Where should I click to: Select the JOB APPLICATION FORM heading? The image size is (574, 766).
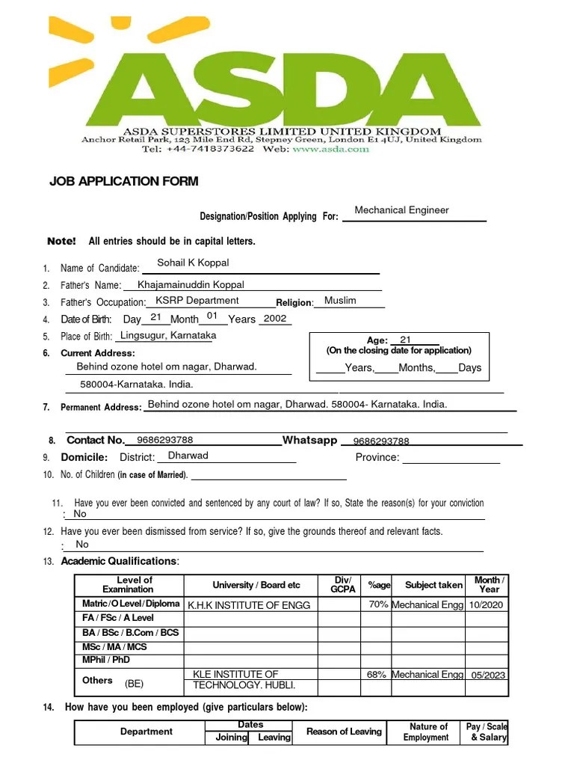tap(123, 182)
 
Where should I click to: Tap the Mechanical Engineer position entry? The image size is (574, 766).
tap(401, 210)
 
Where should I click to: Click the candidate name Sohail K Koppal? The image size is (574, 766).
tap(193, 263)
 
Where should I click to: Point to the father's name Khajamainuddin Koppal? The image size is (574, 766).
tap(191, 285)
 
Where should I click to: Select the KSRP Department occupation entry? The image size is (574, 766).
tap(197, 301)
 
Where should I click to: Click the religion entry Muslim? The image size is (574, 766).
tap(340, 301)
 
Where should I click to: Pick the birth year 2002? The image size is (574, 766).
tap(275, 319)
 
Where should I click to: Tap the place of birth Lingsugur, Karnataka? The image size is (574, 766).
tap(168, 336)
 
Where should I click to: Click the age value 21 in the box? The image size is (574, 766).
tap(405, 340)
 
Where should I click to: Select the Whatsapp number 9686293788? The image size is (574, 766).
tap(381, 441)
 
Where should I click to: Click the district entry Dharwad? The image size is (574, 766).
tap(188, 456)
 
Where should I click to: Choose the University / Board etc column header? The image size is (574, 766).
tap(256, 585)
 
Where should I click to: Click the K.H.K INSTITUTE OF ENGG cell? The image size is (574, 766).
tap(248, 605)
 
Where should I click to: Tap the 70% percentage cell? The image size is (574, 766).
tap(378, 604)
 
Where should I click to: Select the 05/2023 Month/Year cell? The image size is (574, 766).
tap(488, 675)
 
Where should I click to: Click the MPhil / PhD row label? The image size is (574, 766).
tap(105, 660)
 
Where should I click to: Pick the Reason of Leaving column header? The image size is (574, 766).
tap(344, 732)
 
